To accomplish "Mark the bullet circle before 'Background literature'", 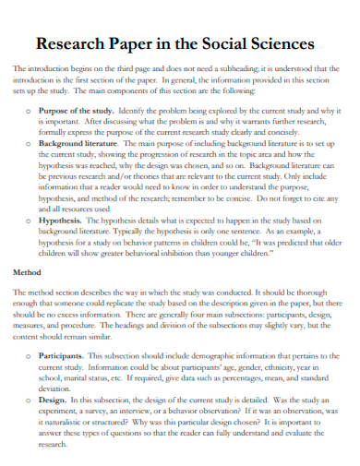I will pos(32,145).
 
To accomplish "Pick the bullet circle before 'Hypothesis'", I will pos(32,221).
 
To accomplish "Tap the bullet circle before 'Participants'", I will pos(32,355).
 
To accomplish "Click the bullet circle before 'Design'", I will pos(32,400).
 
